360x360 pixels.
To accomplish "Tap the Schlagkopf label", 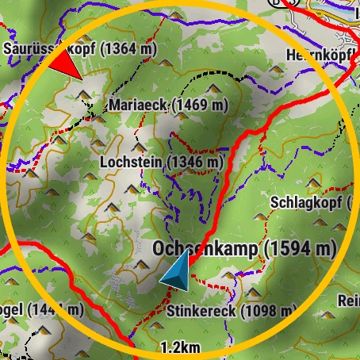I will tap(306, 201).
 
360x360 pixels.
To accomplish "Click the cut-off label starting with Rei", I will tap(349, 301).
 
